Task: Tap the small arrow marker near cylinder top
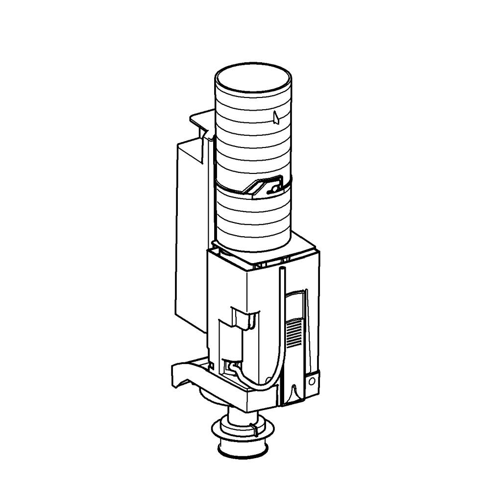tap(276, 117)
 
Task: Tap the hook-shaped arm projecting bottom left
tap(184, 375)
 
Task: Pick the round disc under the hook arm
tap(211, 394)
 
